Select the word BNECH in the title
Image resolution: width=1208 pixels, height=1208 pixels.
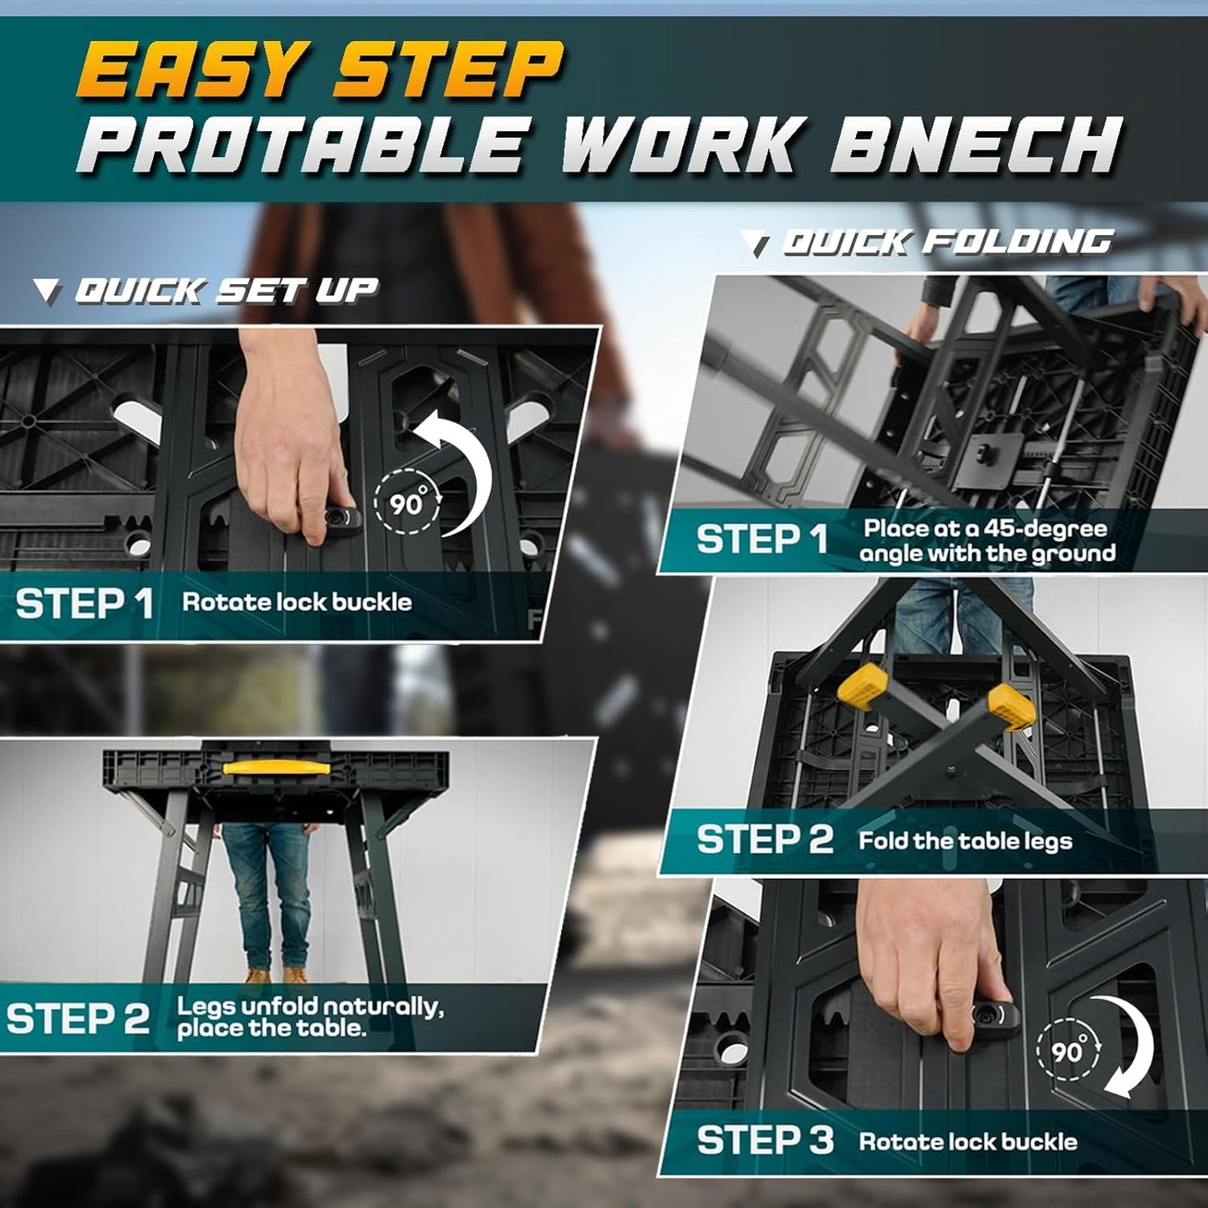pyautogui.click(x=975, y=145)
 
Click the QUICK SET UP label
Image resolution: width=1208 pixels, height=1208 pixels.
pyautogui.click(x=226, y=291)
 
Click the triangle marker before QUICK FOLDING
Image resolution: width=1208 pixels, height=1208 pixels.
pyautogui.click(x=759, y=245)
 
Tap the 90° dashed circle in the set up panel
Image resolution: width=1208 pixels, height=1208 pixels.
pyautogui.click(x=407, y=502)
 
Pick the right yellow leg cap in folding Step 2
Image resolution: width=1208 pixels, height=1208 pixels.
pyautogui.click(x=1012, y=709)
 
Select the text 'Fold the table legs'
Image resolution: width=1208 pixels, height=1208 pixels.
pyautogui.click(x=965, y=840)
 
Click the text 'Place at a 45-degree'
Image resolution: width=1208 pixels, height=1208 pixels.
pyautogui.click(x=985, y=528)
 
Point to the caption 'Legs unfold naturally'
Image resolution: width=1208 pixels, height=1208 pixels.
pyautogui.click(x=309, y=1006)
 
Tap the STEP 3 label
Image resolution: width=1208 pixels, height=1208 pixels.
pyautogui.click(x=764, y=1140)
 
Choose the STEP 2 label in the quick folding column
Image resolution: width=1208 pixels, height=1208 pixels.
pyautogui.click(x=764, y=839)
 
